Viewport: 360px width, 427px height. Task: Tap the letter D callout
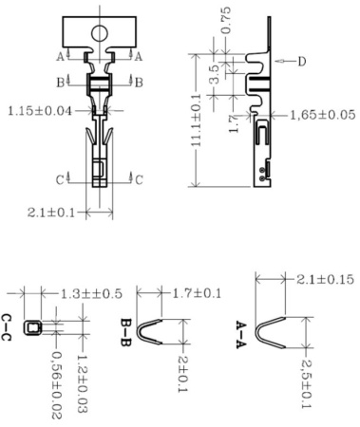pyautogui.click(x=302, y=62)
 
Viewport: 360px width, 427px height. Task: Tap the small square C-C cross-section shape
pyautogui.click(x=33, y=327)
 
